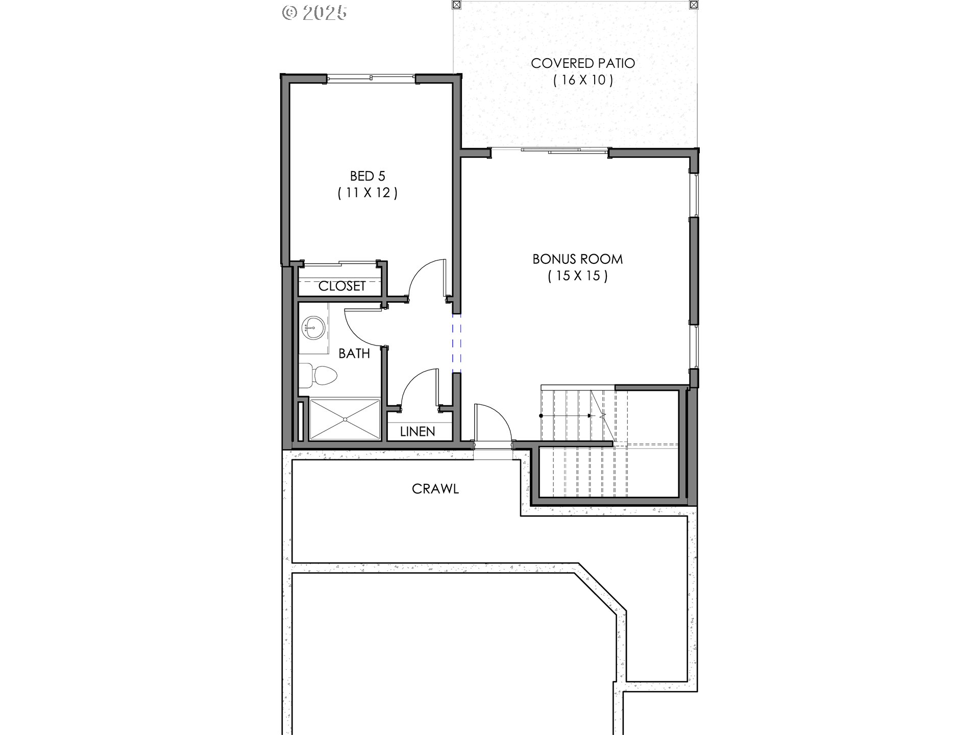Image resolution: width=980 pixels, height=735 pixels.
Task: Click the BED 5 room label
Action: [367, 176]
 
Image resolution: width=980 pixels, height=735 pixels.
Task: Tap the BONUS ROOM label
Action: [577, 259]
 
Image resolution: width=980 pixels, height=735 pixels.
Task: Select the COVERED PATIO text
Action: [583, 63]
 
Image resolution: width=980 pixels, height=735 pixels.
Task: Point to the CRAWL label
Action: [435, 489]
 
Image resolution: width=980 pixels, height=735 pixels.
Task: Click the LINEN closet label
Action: [418, 432]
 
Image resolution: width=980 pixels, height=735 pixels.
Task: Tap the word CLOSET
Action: [341, 286]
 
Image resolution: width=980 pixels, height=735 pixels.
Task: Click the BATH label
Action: [354, 353]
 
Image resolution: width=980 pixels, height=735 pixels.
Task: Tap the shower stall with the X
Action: [345, 419]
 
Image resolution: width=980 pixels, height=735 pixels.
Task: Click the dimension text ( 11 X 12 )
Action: [367, 193]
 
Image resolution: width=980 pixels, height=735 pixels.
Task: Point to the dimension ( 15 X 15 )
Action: [578, 276]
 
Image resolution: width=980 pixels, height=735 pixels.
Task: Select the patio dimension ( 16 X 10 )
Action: [583, 80]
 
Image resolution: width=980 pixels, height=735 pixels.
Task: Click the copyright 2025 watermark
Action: [314, 12]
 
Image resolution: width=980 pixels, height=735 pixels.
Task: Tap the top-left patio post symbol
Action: [457, 5]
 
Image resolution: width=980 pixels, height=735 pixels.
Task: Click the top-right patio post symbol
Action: [693, 5]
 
